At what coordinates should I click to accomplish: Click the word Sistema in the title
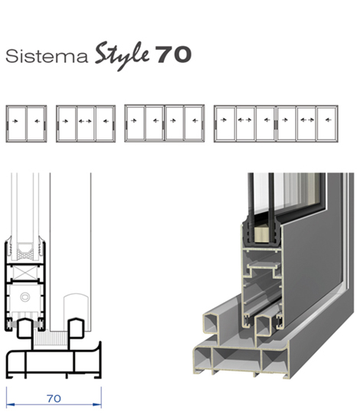pyautogui.click(x=47, y=57)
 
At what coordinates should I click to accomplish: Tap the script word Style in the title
pyautogui.click(x=122, y=56)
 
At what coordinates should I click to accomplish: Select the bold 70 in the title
pyautogui.click(x=173, y=55)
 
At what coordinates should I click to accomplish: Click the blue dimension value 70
pyautogui.click(x=54, y=398)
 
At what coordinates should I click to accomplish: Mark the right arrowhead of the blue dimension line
pyautogui.click(x=97, y=404)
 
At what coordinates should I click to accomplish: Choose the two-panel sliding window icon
pyautogui.click(x=26, y=124)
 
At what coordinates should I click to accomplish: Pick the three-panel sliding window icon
pyautogui.click(x=86, y=124)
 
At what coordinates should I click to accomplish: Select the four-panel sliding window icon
pyautogui.click(x=165, y=123)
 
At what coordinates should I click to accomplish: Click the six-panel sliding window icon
pyautogui.click(x=276, y=124)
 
